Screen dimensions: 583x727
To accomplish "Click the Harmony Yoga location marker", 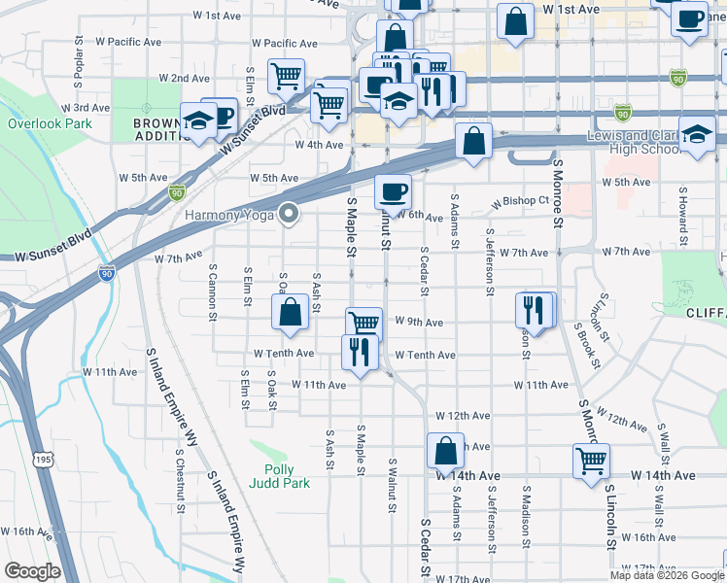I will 289,214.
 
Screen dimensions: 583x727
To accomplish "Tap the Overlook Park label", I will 50,123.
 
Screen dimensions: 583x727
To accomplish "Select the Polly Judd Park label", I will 278,475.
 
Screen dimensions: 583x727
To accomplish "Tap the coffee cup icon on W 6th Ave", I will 393,190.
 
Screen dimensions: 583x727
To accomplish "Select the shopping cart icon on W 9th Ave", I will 364,324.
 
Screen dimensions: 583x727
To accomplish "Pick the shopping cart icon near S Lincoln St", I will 591,460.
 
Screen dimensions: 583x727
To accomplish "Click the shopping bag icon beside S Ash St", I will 290,312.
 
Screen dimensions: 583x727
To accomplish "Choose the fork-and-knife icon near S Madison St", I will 535,309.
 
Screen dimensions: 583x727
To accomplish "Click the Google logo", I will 32,570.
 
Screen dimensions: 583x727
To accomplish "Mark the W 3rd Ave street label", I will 86,108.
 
